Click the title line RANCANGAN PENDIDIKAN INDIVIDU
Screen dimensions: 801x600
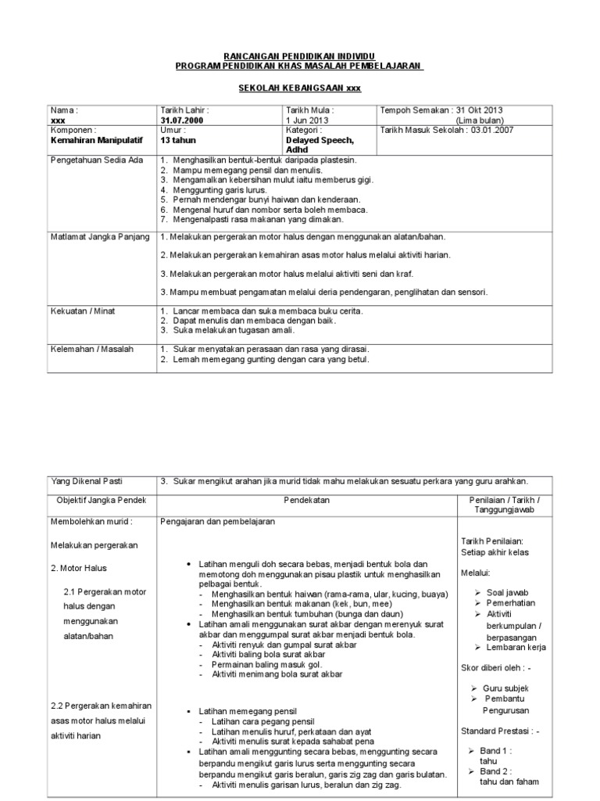(299, 58)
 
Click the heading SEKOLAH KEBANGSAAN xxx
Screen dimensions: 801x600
(299, 88)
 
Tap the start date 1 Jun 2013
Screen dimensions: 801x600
(308, 120)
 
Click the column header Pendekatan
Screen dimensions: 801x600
(305, 498)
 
